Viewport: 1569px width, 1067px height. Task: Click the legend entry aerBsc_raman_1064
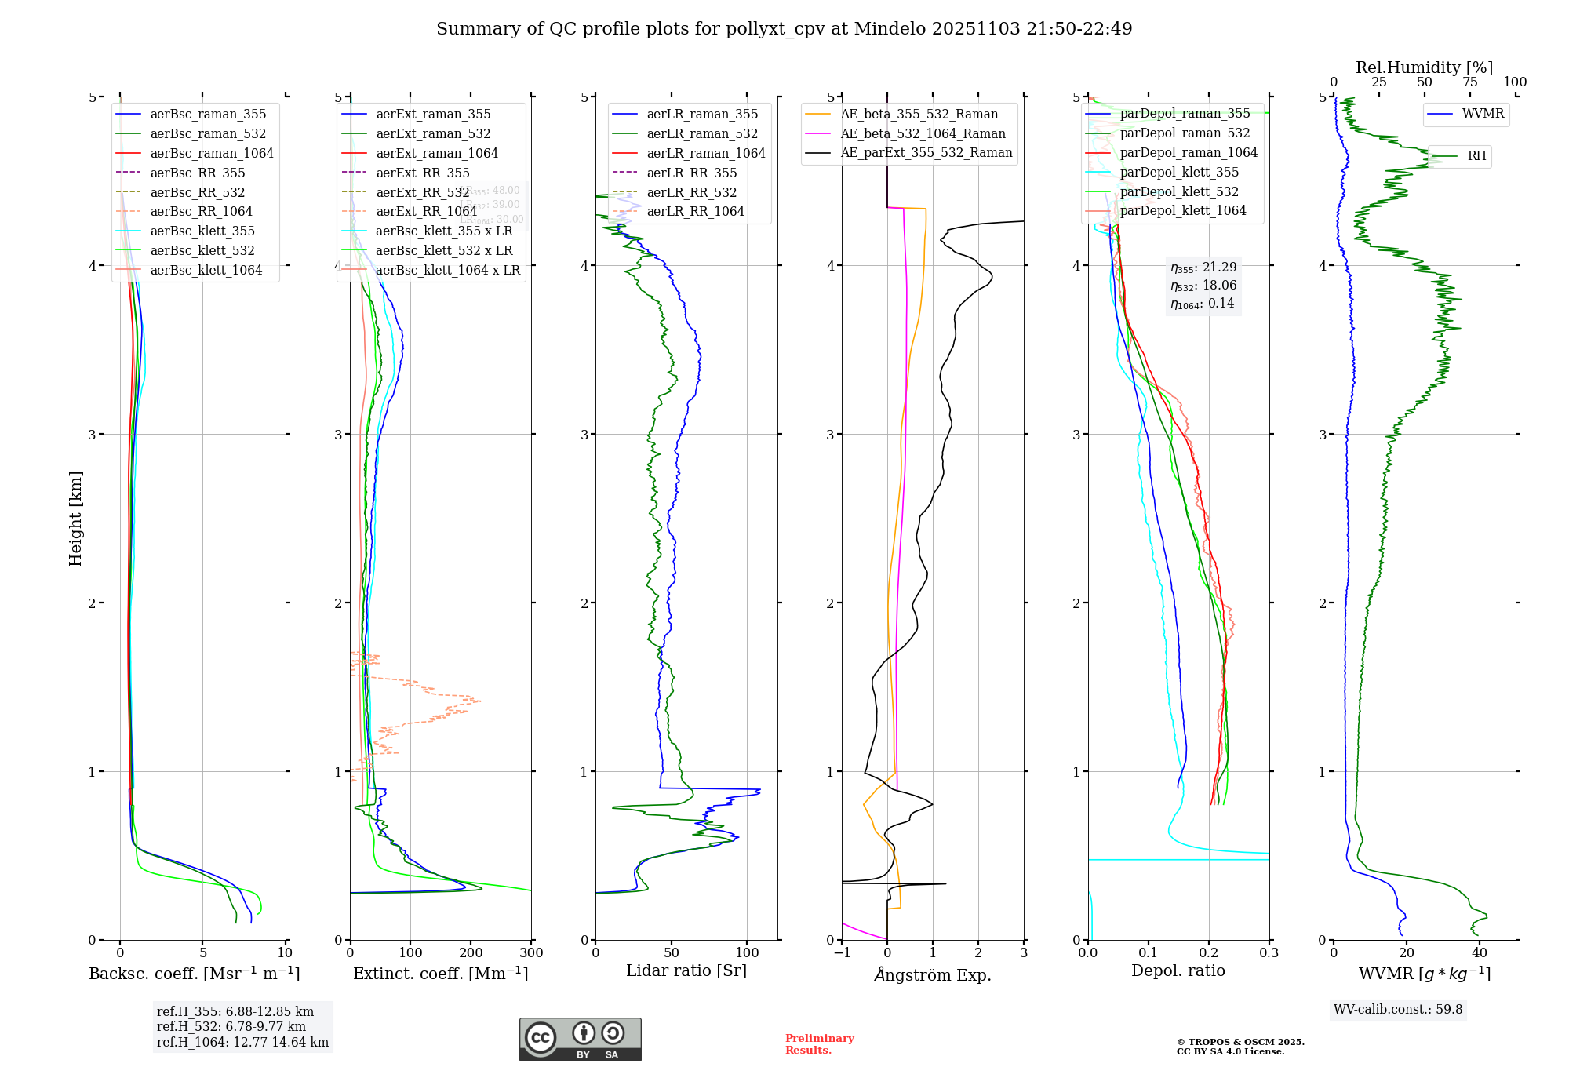point(212,153)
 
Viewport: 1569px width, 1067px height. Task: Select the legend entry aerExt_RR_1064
point(426,211)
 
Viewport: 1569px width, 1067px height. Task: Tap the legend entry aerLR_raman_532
point(702,133)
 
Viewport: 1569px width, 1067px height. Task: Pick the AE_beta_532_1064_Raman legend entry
point(923,133)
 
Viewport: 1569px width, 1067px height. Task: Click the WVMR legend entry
point(1483,114)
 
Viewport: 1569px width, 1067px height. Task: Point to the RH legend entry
point(1476,156)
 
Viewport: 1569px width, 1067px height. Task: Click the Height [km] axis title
point(75,519)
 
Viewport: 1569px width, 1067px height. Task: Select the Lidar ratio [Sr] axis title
point(686,970)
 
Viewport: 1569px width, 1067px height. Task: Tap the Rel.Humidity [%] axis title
point(1424,67)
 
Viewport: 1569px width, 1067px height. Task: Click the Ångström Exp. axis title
point(933,974)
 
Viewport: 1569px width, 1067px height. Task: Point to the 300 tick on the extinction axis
point(531,952)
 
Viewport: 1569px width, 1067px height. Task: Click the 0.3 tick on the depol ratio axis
point(1269,952)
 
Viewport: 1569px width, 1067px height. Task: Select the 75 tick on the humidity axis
point(1469,82)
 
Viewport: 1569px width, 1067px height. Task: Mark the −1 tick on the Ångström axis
point(842,952)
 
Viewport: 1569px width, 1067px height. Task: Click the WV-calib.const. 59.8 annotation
point(1398,1009)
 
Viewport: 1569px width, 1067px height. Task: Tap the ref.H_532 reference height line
point(231,1026)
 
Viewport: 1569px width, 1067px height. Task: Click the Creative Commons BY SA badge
point(580,1039)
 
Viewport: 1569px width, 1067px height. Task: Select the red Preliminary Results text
point(819,1043)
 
